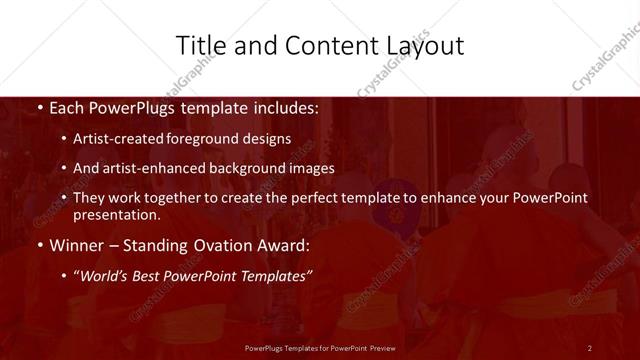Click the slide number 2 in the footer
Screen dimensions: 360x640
pyautogui.click(x=590, y=347)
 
